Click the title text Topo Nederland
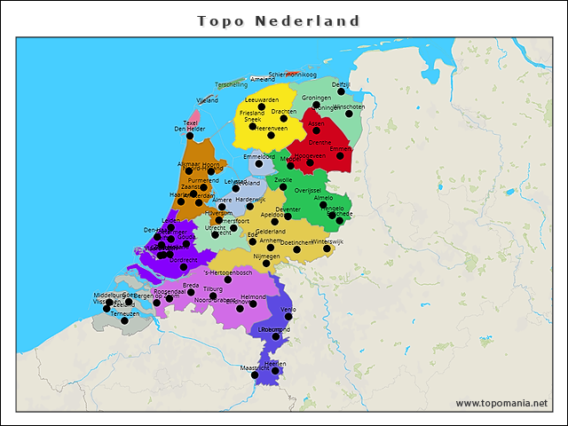point(279,20)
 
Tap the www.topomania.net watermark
point(501,403)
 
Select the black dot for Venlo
point(288,317)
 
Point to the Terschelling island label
point(231,84)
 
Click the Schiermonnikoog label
point(293,75)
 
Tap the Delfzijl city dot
point(341,91)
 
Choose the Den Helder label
point(189,129)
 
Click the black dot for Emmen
point(340,156)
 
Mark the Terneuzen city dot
point(124,320)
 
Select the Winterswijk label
point(327,241)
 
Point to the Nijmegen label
point(266,256)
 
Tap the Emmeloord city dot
point(258,163)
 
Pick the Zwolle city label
point(283,179)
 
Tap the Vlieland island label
point(207,101)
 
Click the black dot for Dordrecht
point(184,266)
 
